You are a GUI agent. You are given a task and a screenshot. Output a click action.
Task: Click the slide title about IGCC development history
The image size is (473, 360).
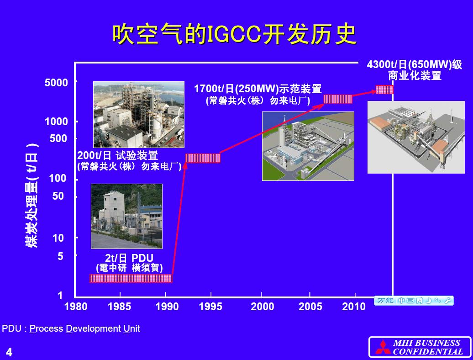pos(234,34)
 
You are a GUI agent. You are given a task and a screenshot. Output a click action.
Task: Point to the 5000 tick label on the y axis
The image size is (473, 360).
pos(57,82)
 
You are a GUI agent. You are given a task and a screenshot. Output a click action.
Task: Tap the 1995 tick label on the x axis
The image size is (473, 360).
pos(210,307)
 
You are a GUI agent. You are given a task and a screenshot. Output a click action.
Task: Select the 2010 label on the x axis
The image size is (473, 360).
pos(354,307)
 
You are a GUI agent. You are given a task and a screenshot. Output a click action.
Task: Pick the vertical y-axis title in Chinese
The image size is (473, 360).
pos(32,195)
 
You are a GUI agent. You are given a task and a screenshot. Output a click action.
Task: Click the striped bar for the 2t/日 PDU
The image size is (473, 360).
pos(131,278)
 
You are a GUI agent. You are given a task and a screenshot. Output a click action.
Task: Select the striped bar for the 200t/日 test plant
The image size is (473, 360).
pos(203,158)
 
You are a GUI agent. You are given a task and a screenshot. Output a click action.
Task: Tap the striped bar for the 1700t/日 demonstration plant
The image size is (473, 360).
pos(338,99)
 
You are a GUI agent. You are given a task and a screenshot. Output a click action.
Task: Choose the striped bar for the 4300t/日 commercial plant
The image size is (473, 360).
pos(384,90)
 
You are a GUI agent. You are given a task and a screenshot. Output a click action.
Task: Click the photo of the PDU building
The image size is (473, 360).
pos(127,217)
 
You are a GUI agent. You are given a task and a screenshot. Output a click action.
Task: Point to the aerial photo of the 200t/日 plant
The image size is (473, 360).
pos(139,115)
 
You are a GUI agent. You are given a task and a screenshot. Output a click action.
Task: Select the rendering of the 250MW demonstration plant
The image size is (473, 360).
pos(308,146)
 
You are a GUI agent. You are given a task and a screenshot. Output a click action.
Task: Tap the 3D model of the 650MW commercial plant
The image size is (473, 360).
pos(416,138)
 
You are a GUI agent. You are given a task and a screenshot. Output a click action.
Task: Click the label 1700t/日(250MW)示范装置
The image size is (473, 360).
pos(258,89)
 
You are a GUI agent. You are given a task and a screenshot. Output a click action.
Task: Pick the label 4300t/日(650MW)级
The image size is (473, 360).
pos(415,64)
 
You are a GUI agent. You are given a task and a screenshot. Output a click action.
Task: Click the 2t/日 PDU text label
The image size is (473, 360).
pos(129,258)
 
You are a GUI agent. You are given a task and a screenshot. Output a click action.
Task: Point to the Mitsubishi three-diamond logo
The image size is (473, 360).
pos(383,347)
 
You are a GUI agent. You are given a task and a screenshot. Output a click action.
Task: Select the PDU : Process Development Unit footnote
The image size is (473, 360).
pos(71,328)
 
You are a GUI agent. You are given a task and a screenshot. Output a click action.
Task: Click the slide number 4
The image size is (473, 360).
pos(9,352)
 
